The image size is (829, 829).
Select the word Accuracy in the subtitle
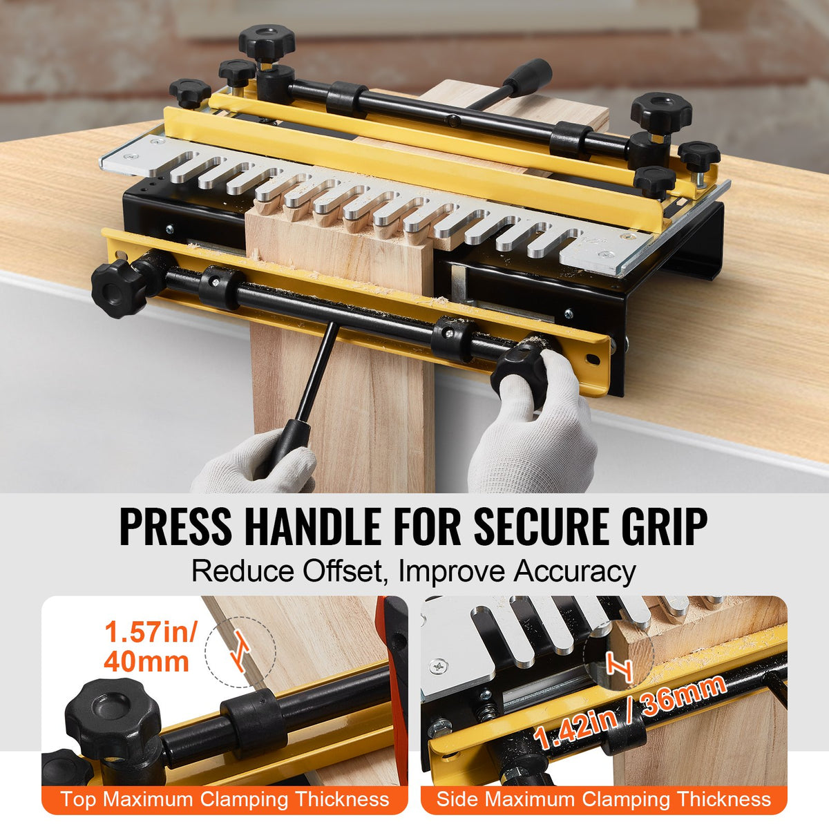[574, 572]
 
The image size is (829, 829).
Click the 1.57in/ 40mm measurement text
[149, 647]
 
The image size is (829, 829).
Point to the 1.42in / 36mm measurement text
[629, 712]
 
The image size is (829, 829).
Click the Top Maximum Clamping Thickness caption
[225, 800]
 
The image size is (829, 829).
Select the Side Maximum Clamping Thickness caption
[603, 800]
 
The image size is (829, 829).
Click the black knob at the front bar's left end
[118, 287]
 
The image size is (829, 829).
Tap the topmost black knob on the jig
[267, 41]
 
